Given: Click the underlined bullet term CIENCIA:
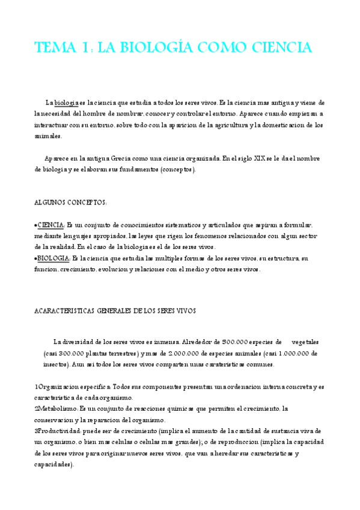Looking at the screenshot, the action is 50,225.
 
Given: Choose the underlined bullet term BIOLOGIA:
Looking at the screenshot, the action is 53,259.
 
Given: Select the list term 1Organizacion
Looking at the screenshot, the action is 57,387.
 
